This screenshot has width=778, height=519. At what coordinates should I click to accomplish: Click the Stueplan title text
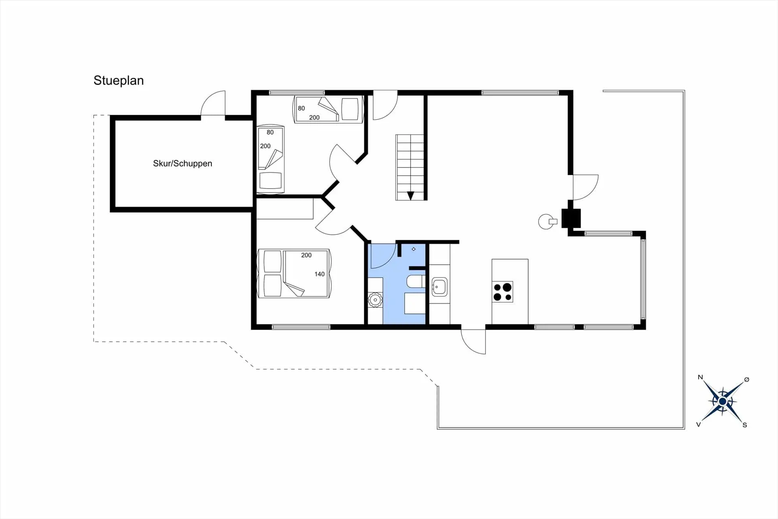click(x=118, y=80)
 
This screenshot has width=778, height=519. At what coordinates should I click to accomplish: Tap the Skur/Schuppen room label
click(x=182, y=163)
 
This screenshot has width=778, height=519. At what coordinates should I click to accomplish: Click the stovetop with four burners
click(x=502, y=292)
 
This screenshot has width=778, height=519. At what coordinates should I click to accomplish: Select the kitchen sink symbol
click(x=439, y=287)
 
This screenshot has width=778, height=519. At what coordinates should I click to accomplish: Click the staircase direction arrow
click(x=410, y=196)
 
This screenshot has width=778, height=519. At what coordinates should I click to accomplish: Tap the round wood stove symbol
click(x=545, y=221)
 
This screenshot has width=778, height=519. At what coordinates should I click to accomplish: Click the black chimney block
click(x=571, y=218)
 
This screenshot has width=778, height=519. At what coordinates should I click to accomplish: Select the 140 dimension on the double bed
click(x=319, y=274)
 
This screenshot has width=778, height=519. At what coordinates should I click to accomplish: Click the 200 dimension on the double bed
click(x=306, y=255)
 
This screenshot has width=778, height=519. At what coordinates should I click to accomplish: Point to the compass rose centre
click(x=722, y=401)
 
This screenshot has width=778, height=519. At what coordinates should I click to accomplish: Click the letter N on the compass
click(x=700, y=377)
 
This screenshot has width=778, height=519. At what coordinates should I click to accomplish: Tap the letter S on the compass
click(x=745, y=425)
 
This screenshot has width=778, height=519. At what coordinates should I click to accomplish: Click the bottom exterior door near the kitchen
click(x=473, y=342)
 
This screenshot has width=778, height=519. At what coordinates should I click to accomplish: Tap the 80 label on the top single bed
click(x=301, y=108)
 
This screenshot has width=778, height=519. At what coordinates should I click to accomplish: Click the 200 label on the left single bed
click(x=265, y=146)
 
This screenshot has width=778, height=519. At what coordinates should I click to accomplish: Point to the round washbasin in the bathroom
click(x=375, y=300)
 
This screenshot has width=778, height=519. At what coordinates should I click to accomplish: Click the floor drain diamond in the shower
click(x=413, y=249)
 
